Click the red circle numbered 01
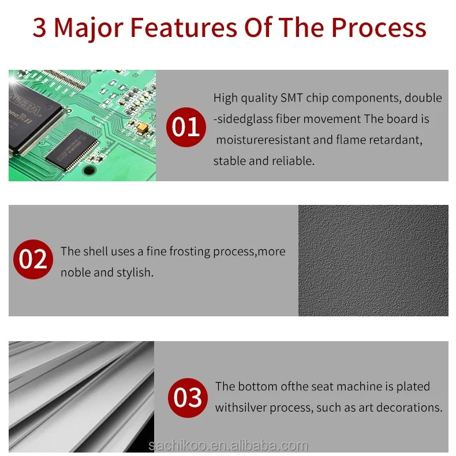(186, 127)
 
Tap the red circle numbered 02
(33, 259)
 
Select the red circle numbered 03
(188, 398)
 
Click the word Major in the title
(89, 28)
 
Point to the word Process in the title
(379, 28)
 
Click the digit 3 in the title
(40, 28)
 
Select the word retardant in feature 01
(395, 140)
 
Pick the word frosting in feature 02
(189, 252)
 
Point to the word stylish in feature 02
(134, 272)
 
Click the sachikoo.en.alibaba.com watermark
(228, 446)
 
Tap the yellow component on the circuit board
(142, 127)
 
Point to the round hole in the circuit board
(88, 170)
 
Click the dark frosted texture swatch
(373, 260)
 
